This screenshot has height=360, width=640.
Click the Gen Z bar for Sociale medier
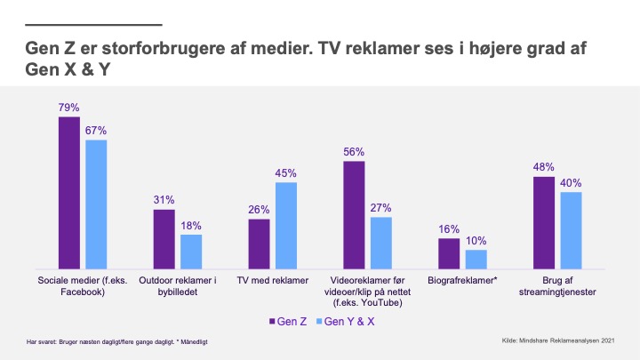coord(70,192)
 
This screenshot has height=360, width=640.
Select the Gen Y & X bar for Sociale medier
coord(96,204)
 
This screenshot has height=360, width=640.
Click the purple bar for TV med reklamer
coord(259,244)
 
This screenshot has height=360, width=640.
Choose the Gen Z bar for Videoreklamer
coord(354,214)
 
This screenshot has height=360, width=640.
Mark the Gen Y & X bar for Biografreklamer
coord(476,259)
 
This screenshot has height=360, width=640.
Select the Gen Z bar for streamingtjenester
coord(543,222)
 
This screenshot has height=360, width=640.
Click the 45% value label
coord(285,173)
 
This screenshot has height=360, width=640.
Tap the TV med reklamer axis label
coord(272,280)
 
